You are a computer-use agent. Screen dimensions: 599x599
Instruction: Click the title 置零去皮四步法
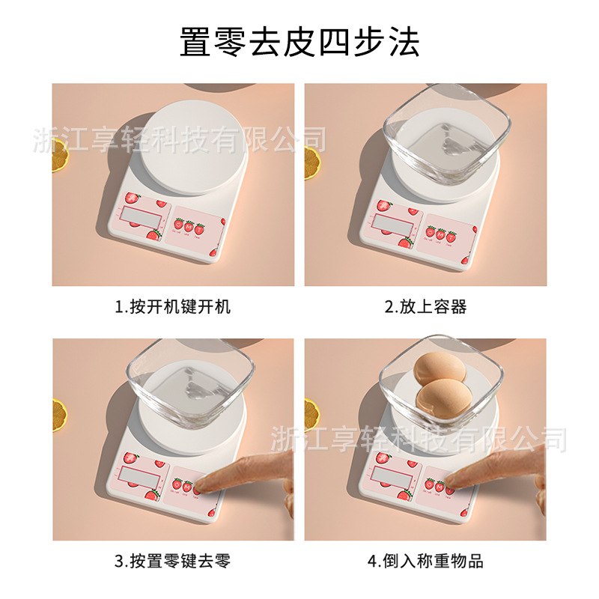click(x=299, y=43)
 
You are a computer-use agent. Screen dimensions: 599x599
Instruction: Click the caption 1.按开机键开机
click(x=173, y=306)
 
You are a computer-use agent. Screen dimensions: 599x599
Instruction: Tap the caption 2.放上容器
click(x=425, y=306)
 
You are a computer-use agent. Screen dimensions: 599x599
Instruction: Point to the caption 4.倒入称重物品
click(x=425, y=561)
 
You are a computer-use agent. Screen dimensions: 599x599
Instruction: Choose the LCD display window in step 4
click(x=392, y=475)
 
